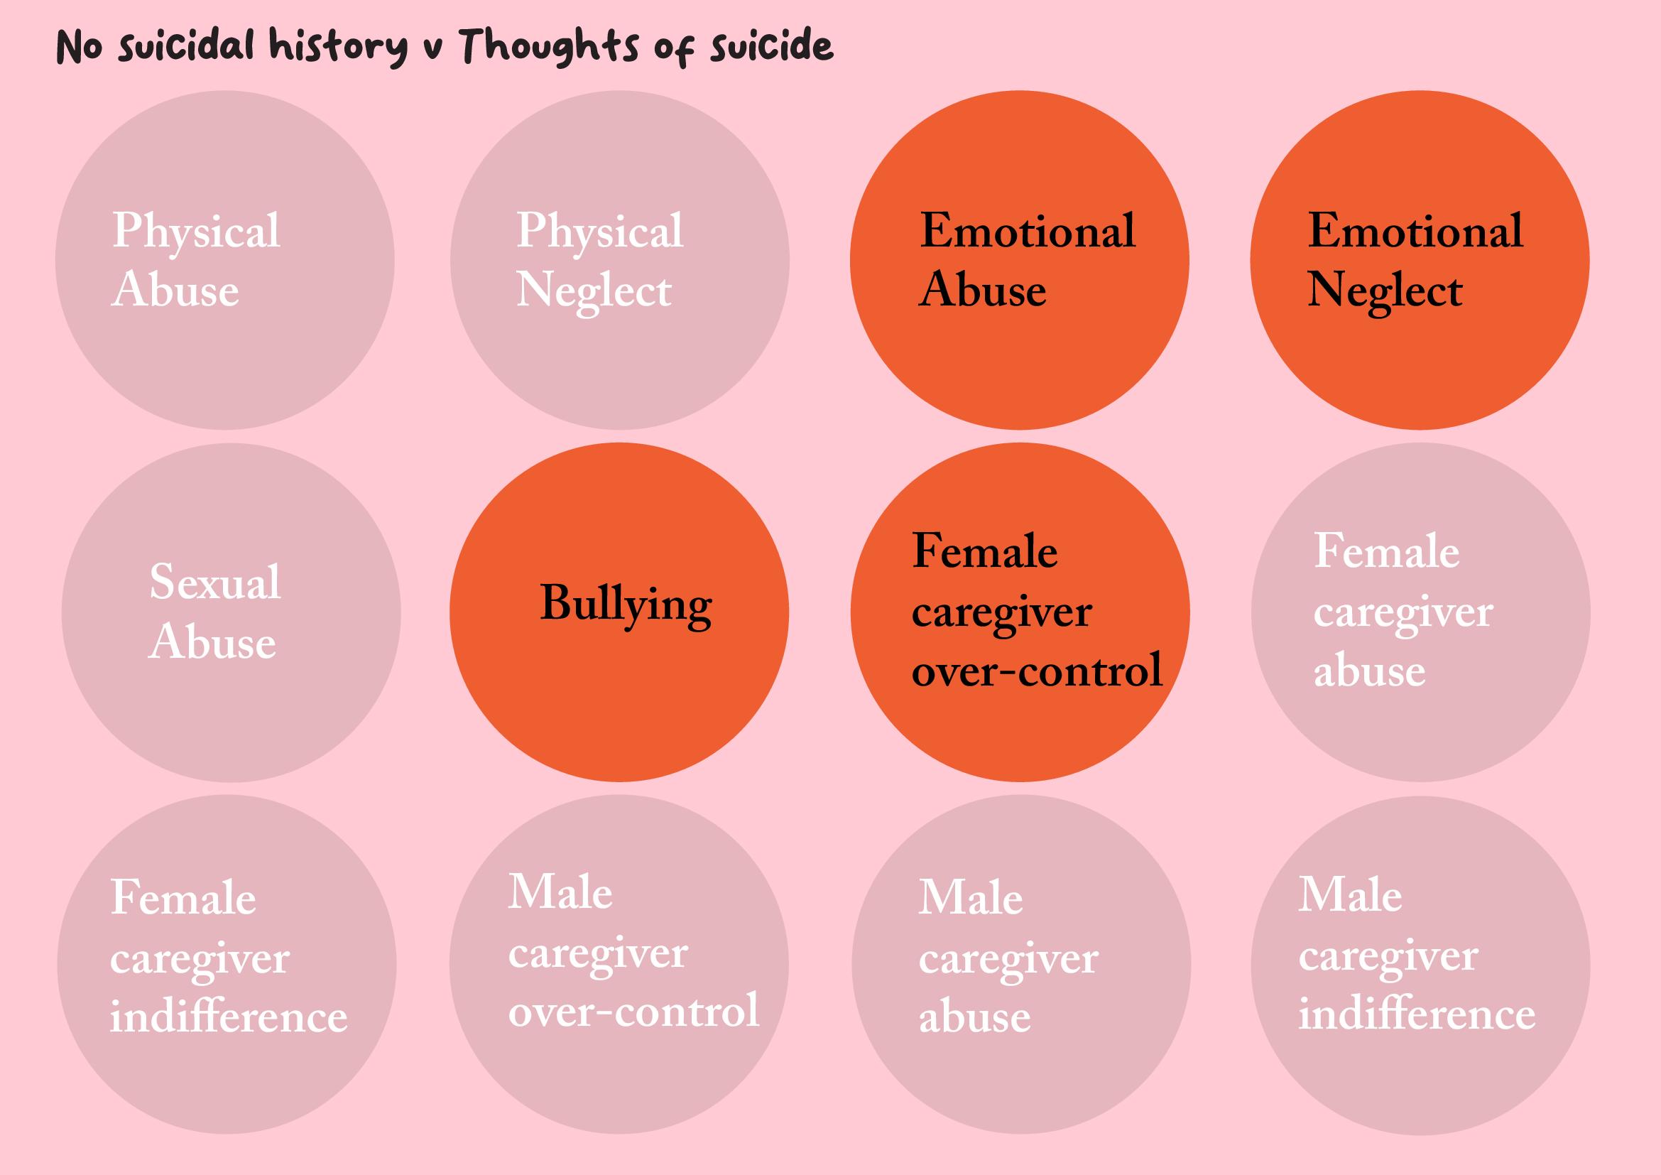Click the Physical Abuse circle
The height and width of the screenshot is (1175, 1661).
pos(225,261)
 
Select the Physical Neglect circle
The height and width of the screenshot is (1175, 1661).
pos(619,261)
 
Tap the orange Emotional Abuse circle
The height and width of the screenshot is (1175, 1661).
pos(1019,261)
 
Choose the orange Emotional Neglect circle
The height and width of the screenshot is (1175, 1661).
pos(1420,261)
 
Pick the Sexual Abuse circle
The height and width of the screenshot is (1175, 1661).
pos(231,612)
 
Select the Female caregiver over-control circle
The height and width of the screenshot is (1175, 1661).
pos(1020,612)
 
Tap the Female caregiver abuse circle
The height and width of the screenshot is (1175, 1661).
pos(1421,612)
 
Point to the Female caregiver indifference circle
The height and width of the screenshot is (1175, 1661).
pos(227,964)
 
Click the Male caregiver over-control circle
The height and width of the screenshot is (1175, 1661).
pos(619,964)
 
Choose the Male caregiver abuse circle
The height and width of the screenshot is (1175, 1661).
pos(1020,964)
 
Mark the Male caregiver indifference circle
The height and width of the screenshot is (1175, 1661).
pos(1421,964)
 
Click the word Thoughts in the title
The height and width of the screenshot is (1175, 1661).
pos(549,46)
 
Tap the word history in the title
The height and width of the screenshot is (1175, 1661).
pos(339,46)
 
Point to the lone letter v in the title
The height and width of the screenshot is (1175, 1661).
pos(432,50)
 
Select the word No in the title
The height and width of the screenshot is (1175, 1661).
pos(79,48)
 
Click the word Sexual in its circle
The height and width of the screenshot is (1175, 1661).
pos(215,582)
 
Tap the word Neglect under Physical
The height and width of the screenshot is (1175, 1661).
pos(594,291)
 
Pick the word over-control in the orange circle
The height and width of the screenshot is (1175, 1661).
pos(1037,671)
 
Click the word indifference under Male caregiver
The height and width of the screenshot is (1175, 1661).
pos(1417,1014)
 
